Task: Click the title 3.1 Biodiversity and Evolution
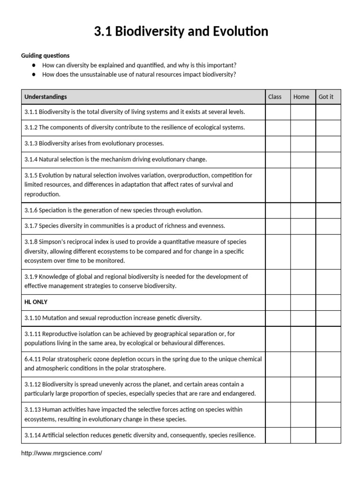(x=181, y=31)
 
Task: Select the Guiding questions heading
(x=45, y=55)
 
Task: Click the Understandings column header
(x=45, y=97)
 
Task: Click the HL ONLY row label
(x=36, y=302)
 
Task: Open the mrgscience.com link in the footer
(x=61, y=453)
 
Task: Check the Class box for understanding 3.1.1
(x=277, y=112)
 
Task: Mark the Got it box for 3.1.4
(x=328, y=159)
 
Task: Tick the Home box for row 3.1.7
(x=303, y=226)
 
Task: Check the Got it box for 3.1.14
(x=328, y=435)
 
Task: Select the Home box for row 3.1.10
(x=303, y=318)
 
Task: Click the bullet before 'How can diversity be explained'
(x=34, y=66)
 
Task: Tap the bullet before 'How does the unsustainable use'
(x=34, y=75)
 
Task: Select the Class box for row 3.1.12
(x=277, y=389)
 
